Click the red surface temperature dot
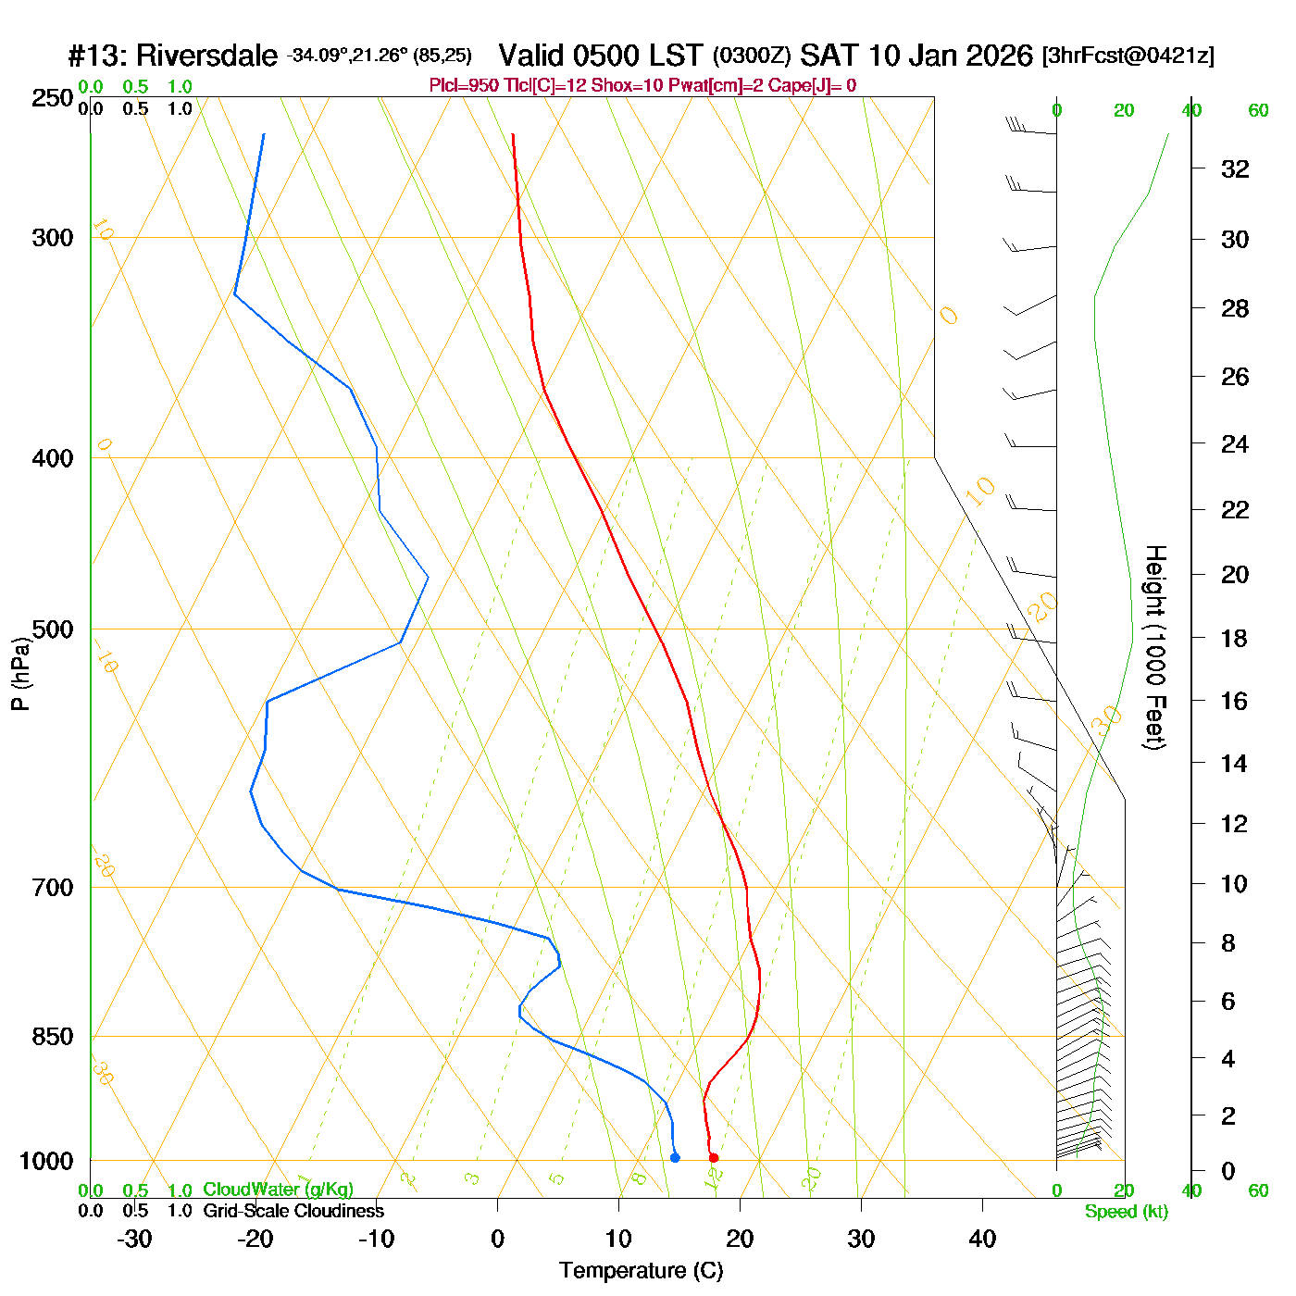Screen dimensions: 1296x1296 point(713,1158)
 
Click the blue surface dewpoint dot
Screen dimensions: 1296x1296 point(675,1158)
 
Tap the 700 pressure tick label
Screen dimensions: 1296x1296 point(53,888)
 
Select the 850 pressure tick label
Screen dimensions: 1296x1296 point(53,1037)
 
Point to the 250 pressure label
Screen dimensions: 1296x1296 point(53,98)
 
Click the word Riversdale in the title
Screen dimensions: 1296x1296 point(206,56)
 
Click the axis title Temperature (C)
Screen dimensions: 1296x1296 point(641,1271)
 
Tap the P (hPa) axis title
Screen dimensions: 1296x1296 point(20,674)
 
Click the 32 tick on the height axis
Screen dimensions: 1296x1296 point(1235,169)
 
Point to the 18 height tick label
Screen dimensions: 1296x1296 point(1235,639)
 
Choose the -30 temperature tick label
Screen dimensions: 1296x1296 point(134,1239)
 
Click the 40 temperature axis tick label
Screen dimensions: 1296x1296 point(982,1239)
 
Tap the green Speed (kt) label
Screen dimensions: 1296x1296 point(1126,1212)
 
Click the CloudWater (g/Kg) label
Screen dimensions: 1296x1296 point(278,1190)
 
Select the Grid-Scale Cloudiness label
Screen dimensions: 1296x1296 point(293,1211)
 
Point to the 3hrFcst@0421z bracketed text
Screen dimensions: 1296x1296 point(1128,56)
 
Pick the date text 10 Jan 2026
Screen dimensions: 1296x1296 point(951,56)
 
